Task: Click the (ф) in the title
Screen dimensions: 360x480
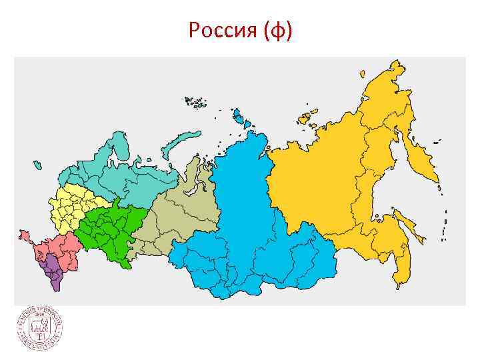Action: (277, 31)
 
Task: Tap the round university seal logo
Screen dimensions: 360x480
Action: (40, 329)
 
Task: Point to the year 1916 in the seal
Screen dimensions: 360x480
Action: (39, 315)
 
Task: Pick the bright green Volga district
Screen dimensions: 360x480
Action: (110, 227)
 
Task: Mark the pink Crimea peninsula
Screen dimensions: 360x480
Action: (25, 235)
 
